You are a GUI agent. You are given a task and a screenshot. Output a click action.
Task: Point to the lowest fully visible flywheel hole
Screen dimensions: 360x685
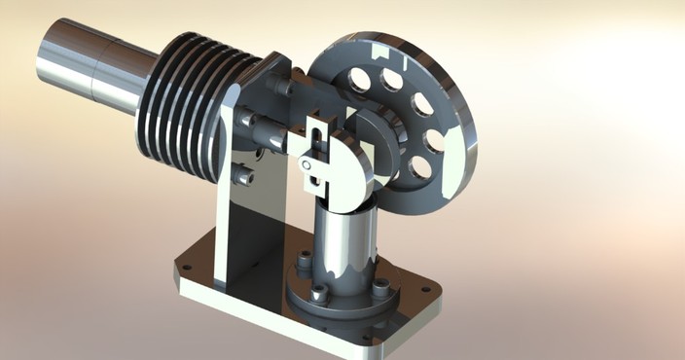pyautogui.click(x=419, y=167)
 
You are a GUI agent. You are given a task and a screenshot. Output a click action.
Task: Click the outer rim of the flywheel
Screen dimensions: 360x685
pyautogui.click(x=457, y=117)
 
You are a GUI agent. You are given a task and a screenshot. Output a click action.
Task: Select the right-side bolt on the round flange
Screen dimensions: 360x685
pyautogui.click(x=380, y=287)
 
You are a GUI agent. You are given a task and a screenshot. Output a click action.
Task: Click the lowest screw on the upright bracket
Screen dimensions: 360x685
pyautogui.click(x=244, y=177)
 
